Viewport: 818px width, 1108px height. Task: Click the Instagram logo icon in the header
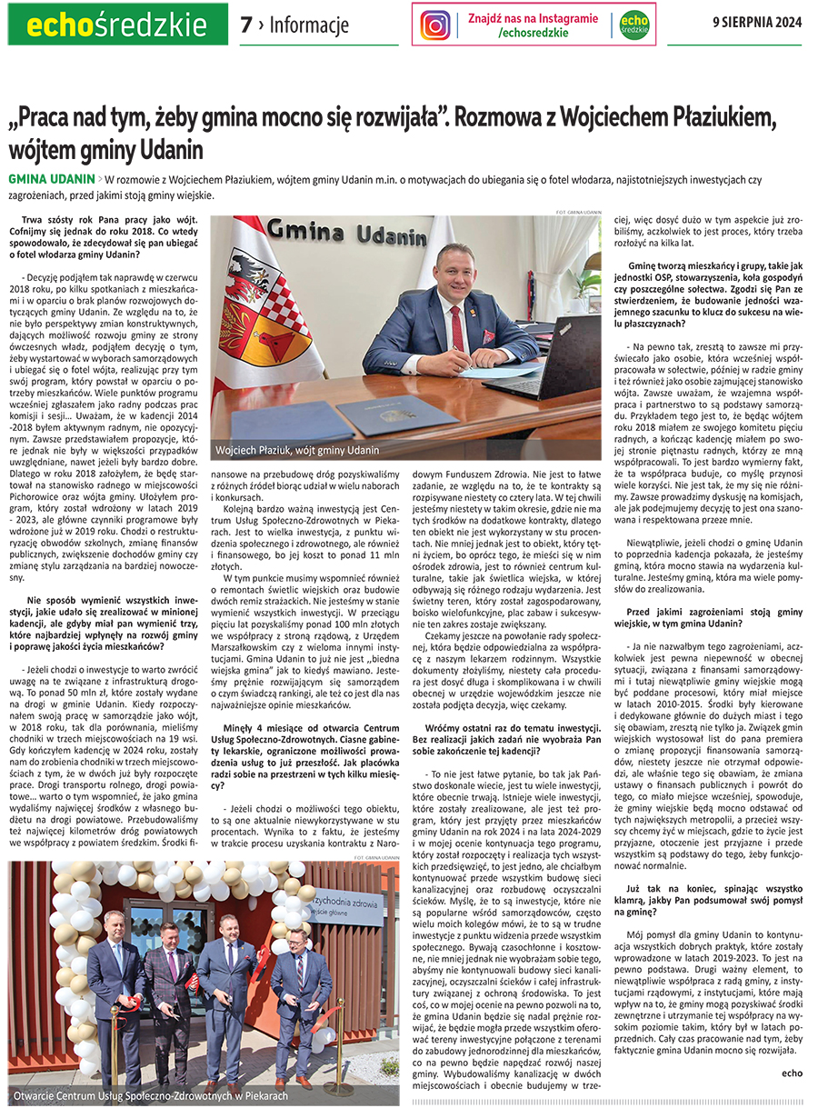436,25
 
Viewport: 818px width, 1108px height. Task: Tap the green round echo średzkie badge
634,25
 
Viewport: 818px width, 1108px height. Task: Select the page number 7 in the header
246,25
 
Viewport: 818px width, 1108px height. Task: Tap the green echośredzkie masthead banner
115,25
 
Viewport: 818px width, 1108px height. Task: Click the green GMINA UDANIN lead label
51,178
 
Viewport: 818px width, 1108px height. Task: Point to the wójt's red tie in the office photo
459,331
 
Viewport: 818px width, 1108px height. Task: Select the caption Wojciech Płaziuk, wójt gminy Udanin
297,450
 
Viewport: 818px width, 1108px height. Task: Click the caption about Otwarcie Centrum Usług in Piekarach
151,1095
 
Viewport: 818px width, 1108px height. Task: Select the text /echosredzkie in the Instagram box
533,33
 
